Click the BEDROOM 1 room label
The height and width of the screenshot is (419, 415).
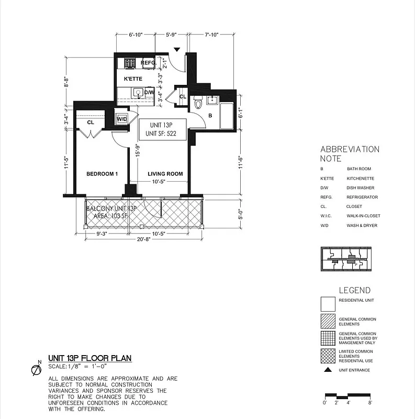coord(102,174)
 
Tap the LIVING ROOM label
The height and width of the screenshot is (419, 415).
coord(165,174)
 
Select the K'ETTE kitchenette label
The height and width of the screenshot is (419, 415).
coord(133,79)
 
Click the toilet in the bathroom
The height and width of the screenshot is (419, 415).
coord(198,103)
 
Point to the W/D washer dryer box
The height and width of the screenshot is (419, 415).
coord(122,119)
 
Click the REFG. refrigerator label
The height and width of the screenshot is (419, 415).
coord(149,63)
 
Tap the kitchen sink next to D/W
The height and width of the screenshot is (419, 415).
coord(138,93)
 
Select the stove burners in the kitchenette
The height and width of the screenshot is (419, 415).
coord(130,63)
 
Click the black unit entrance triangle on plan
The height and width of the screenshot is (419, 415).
coord(177,50)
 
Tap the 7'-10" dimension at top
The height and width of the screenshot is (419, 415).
coord(215,35)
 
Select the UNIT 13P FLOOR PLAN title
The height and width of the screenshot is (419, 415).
coord(89,358)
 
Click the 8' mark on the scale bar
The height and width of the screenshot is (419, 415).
coord(370,403)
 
